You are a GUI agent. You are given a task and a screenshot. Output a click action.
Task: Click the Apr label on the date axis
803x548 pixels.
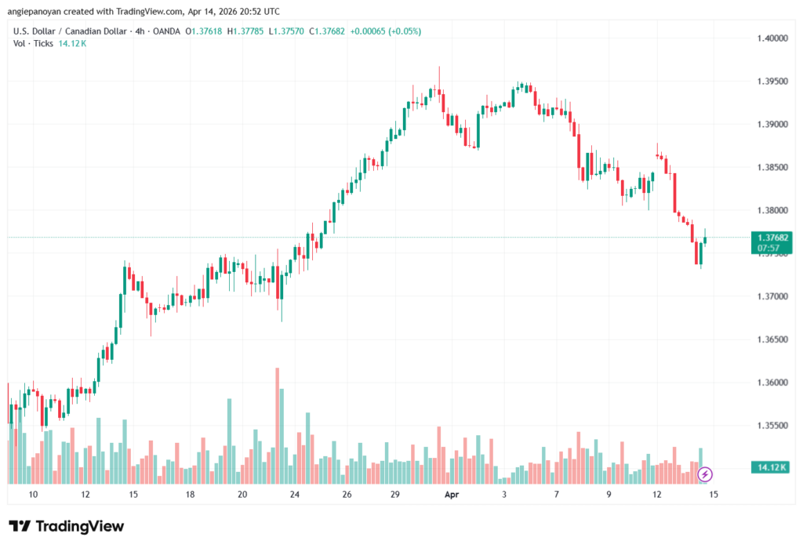[x=452, y=495]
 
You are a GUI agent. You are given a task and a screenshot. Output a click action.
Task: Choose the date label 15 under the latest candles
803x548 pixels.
[x=714, y=495]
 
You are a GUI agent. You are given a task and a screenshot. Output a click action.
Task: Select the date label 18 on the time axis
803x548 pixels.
[x=190, y=495]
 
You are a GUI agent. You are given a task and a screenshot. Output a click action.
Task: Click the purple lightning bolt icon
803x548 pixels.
[x=705, y=474]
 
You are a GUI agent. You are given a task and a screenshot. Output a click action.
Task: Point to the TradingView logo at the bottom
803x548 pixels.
[x=67, y=526]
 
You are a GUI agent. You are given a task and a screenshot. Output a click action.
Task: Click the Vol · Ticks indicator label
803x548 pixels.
[x=33, y=43]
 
